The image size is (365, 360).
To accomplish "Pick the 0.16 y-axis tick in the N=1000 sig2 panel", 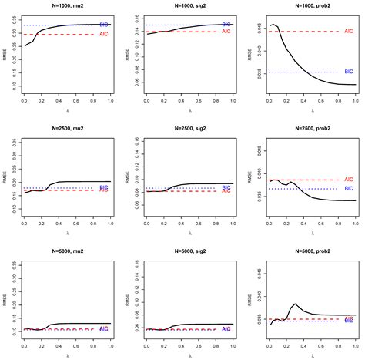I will coord(129,17).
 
